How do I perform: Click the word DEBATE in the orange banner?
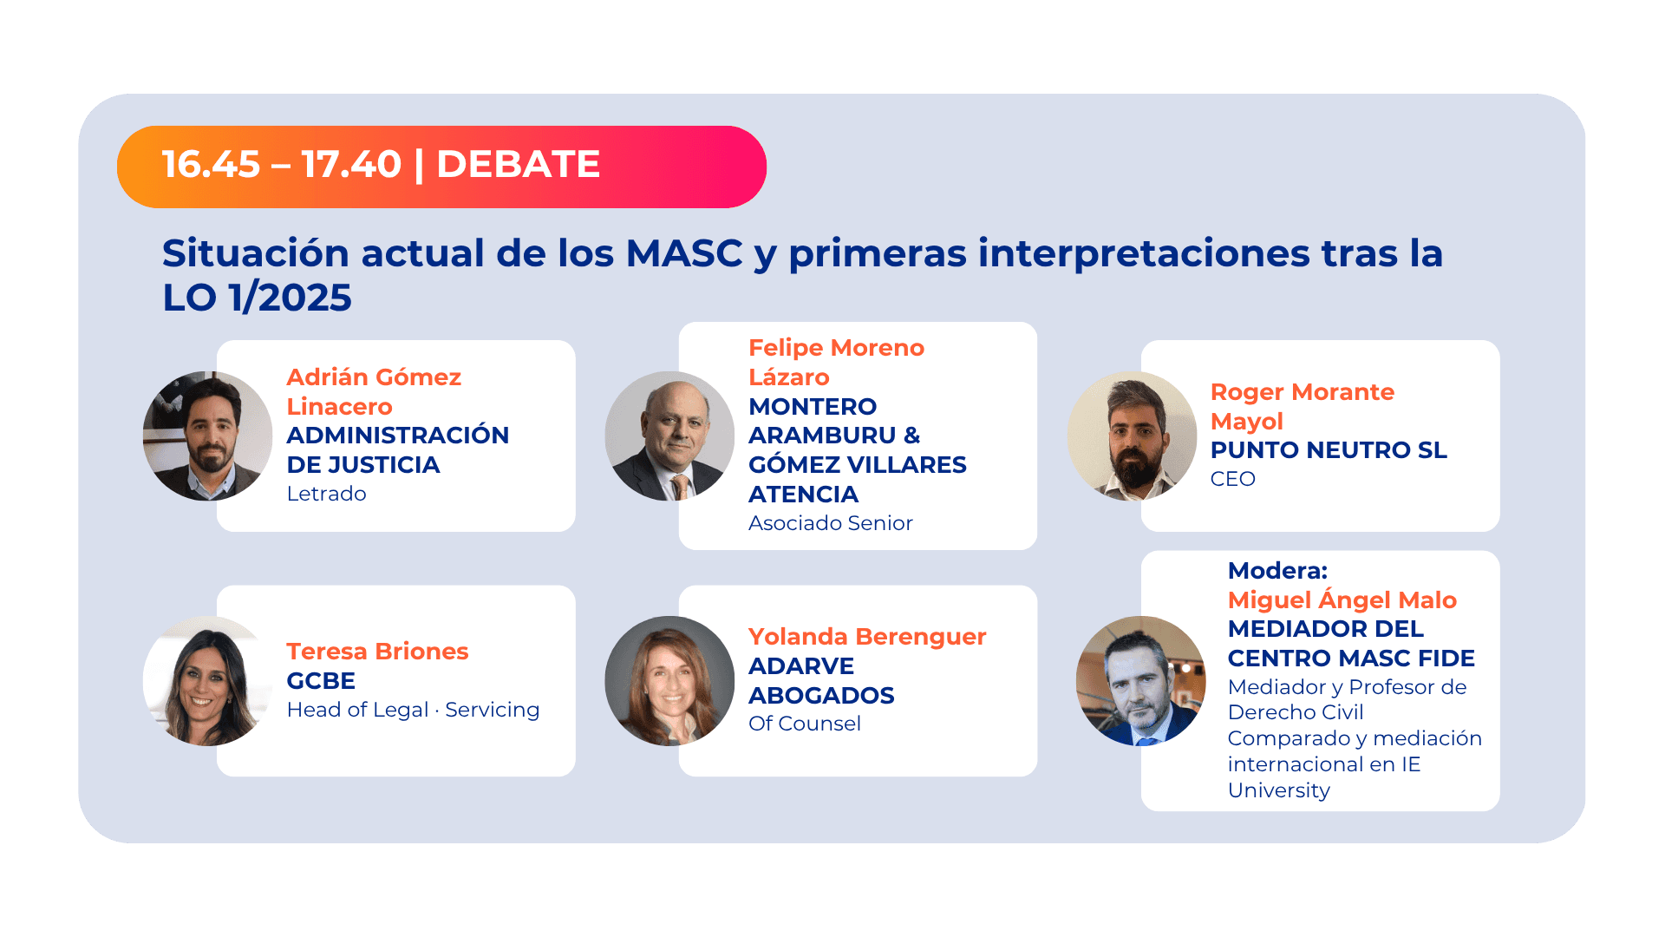click(x=518, y=165)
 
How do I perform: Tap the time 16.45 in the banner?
click(x=211, y=165)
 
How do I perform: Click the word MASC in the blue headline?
click(x=684, y=253)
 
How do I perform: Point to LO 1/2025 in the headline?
click(x=257, y=298)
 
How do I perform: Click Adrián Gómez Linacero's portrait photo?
click(x=207, y=436)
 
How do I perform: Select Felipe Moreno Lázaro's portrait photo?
click(x=669, y=436)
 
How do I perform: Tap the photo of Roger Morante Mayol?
click(x=1132, y=436)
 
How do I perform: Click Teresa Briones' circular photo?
click(x=207, y=681)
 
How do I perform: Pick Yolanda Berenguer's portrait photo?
click(x=669, y=681)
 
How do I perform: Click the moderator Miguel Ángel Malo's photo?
click(x=1140, y=681)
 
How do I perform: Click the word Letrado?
click(x=326, y=494)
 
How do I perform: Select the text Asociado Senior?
click(x=830, y=523)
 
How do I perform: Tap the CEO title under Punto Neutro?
click(x=1232, y=479)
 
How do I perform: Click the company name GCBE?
click(x=321, y=681)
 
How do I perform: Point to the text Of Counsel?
click(x=804, y=724)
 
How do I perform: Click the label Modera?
click(x=1277, y=571)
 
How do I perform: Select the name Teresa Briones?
click(x=377, y=652)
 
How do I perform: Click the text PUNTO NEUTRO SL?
click(x=1328, y=450)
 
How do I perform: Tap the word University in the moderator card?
click(x=1278, y=790)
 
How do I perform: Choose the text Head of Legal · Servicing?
click(x=413, y=710)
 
